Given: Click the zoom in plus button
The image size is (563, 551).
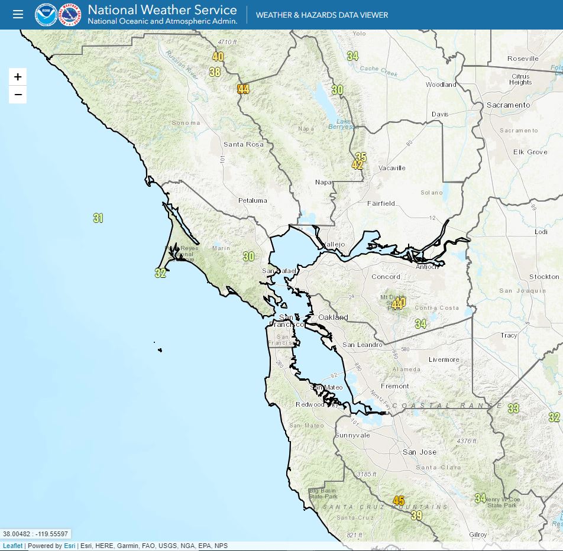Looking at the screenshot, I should [x=18, y=77].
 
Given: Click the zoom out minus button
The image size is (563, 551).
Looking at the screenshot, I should [x=18, y=95].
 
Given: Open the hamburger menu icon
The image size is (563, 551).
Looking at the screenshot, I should [x=18, y=14].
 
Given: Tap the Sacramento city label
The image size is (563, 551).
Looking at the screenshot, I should [x=509, y=105].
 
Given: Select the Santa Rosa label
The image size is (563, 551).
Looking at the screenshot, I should [x=243, y=144].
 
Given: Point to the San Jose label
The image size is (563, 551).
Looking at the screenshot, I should [x=420, y=452].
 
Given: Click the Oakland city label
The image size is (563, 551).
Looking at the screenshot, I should [x=333, y=317].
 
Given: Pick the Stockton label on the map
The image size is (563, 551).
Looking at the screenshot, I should [x=544, y=277].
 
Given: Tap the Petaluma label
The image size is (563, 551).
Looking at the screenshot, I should [x=253, y=200].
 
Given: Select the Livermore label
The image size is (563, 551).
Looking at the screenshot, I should [x=444, y=359].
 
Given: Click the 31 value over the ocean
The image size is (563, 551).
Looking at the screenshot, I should [x=98, y=218].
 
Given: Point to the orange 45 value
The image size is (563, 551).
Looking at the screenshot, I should [x=399, y=501].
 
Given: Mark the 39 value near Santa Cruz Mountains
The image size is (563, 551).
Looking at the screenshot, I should [x=417, y=516].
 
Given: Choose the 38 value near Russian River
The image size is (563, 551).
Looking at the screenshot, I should [x=215, y=72].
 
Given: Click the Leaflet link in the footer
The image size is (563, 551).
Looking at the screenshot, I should [x=12, y=546].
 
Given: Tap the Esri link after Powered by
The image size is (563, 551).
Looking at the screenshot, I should [x=70, y=546].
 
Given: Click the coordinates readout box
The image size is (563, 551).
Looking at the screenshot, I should [x=35, y=534].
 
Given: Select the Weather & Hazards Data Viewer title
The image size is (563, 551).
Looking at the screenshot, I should [x=322, y=15].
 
